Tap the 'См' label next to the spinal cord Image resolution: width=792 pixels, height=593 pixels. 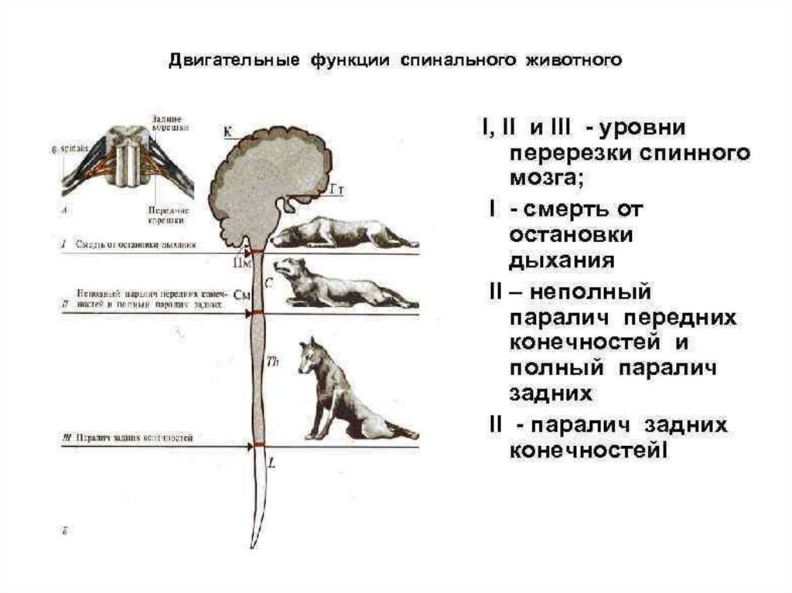[242, 295]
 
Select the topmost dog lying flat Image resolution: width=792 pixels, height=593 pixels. [344, 231]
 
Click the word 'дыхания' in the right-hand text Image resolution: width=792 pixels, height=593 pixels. [561, 261]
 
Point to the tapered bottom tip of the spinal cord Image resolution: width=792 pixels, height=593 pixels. [253, 543]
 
